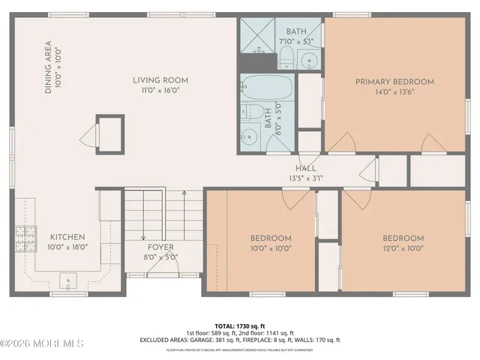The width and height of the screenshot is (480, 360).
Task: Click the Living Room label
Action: (160, 80)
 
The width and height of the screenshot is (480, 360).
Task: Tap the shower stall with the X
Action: (257, 33)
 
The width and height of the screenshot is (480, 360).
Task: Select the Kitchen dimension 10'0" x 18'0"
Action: (67, 247)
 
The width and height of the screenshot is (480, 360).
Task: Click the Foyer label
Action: (160, 247)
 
